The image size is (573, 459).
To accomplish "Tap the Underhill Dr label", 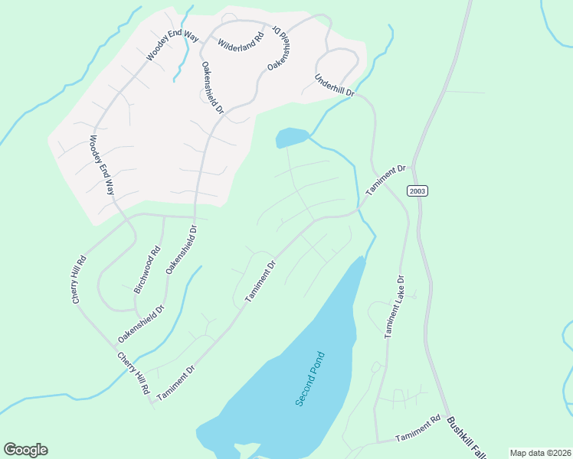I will tap(336, 85).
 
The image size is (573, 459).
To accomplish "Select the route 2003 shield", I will tap(417, 190).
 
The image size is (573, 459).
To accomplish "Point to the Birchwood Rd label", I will tap(147, 270).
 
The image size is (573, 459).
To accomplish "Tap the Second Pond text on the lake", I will tap(310, 379).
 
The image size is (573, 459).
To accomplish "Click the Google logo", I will tap(25, 450).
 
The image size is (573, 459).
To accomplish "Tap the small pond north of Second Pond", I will tap(291, 138).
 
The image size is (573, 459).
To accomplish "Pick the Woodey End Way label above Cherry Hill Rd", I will tap(102, 164).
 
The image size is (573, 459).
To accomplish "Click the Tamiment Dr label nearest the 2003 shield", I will tap(385, 180).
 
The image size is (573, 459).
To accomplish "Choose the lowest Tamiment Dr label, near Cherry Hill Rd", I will tap(177, 381).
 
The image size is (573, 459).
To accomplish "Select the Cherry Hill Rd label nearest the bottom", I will tap(133, 373).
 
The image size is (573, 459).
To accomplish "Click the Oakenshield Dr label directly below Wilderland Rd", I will tap(212, 90).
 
